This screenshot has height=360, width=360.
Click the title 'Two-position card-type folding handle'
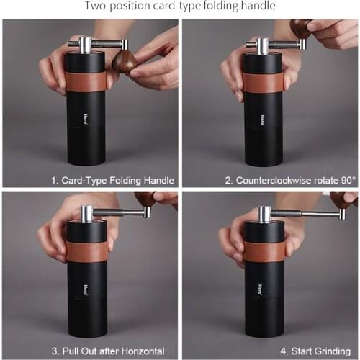coord(179,7)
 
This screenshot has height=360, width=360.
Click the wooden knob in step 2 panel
coord(300,28)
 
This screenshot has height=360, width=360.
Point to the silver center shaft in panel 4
coord(265,214)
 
